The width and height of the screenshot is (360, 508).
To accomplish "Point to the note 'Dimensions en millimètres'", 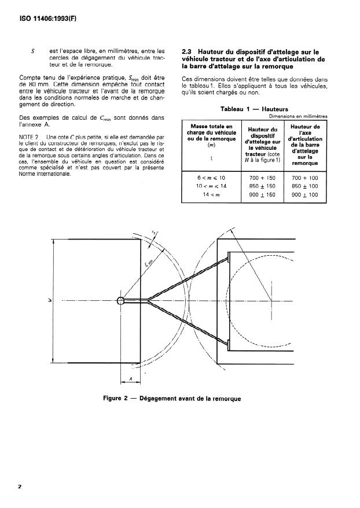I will point(298,116).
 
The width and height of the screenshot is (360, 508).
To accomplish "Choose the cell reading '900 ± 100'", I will point(306,194).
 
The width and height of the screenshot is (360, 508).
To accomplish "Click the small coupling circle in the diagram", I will point(120,300).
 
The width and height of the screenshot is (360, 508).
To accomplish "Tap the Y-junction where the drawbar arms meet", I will point(149,300).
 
